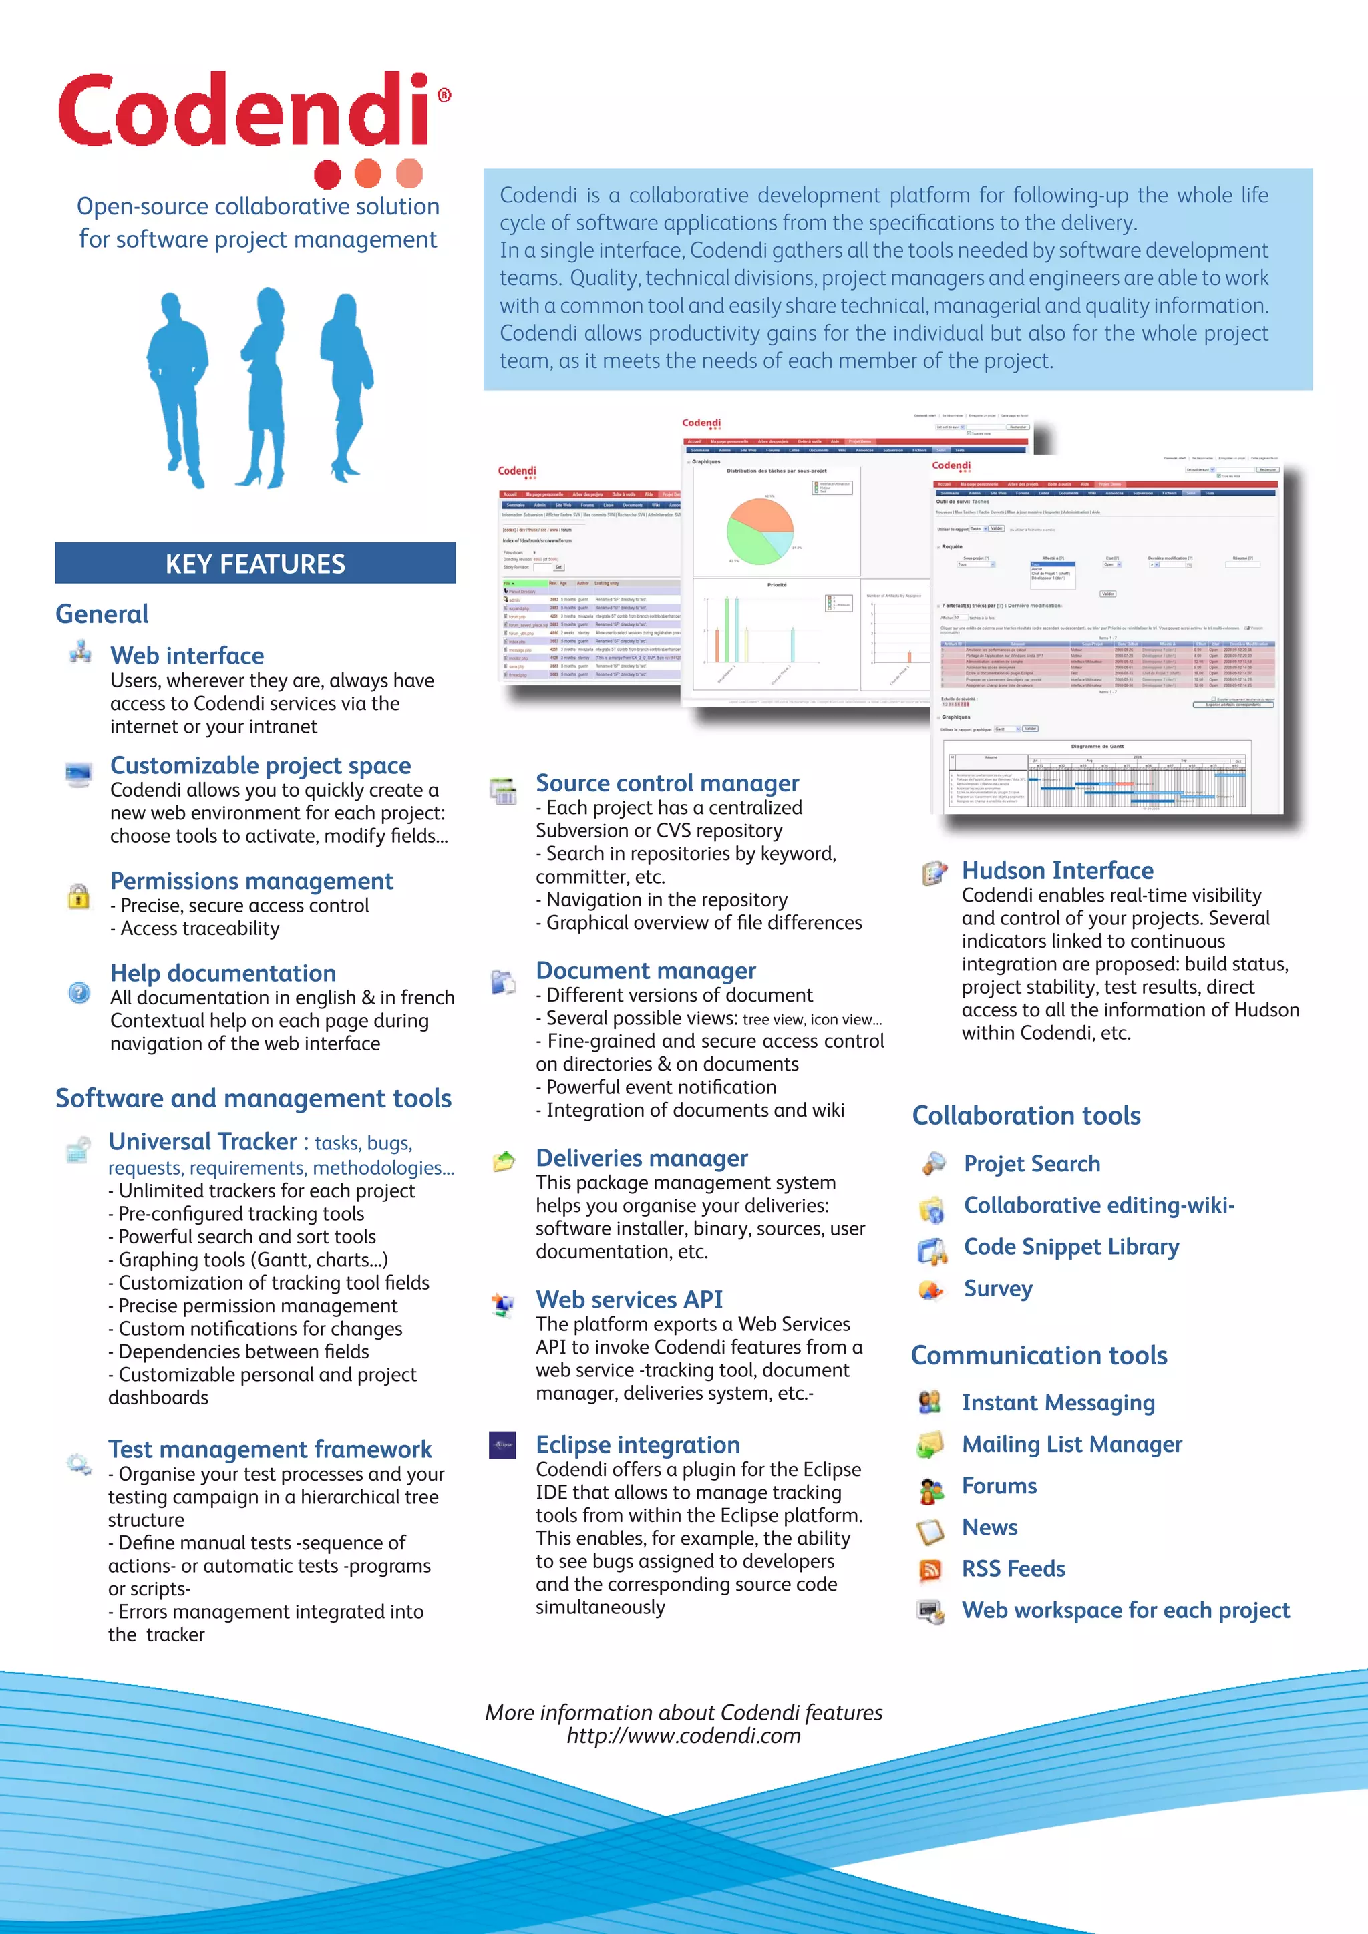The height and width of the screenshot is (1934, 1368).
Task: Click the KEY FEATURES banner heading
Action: coord(255,564)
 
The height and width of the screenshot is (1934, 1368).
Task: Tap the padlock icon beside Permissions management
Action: coord(78,895)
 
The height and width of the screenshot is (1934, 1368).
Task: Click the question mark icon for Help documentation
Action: coord(79,992)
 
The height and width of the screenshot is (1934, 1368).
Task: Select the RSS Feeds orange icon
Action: coord(930,1569)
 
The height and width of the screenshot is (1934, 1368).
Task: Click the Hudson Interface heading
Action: coord(1057,870)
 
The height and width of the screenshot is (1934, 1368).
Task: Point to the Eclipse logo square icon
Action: coord(503,1444)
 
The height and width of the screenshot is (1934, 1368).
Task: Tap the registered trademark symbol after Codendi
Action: coord(445,95)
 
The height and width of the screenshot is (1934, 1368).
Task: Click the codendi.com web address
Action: coord(683,1736)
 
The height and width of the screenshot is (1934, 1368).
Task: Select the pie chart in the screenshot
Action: coord(759,531)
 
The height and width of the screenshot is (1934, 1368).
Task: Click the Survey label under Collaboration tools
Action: coord(997,1289)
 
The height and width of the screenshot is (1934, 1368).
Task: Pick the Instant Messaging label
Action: coord(1058,1402)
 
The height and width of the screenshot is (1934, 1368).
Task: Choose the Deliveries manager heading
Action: coord(642,1158)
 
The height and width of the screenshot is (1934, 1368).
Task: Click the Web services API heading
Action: coord(629,1299)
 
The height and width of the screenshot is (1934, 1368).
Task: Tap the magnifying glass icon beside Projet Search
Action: coord(932,1163)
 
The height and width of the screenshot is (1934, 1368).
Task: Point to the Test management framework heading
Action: coord(270,1448)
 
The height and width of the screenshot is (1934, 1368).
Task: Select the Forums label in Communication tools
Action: coord(999,1486)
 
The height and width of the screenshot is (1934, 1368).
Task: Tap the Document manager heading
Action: coord(646,970)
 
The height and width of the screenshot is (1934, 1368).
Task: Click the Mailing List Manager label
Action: coord(1071,1444)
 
